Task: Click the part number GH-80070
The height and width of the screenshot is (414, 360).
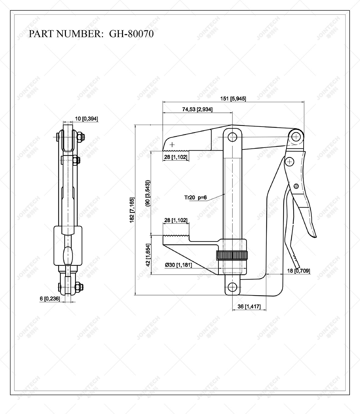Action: [x=131, y=34]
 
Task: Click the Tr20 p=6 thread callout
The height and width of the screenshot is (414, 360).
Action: [x=195, y=198]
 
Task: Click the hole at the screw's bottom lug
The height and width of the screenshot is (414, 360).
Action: [x=233, y=287]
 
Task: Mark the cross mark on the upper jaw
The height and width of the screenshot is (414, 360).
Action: [x=172, y=144]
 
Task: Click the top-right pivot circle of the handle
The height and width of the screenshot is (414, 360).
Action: [x=296, y=137]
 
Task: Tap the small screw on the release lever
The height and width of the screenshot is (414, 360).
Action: [x=296, y=186]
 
